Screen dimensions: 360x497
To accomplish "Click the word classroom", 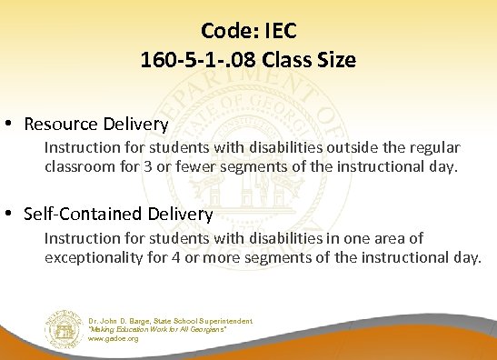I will click(x=79, y=168).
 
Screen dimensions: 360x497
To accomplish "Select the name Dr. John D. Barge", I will click(x=124, y=321).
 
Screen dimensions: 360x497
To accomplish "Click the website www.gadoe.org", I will click(x=114, y=338).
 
